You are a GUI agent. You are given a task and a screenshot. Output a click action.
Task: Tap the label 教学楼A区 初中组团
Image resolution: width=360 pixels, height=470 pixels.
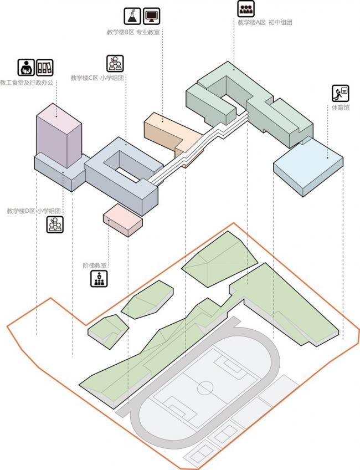click(265, 22)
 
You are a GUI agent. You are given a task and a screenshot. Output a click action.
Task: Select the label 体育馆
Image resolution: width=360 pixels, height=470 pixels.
click(341, 107)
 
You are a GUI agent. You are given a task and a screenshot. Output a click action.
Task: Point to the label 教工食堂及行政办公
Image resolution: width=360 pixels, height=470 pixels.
click(27, 82)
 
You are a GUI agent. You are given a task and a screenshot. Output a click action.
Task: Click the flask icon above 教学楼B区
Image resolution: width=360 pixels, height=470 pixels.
click(132, 16)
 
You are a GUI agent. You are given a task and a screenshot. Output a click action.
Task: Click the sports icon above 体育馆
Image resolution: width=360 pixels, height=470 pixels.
click(340, 92)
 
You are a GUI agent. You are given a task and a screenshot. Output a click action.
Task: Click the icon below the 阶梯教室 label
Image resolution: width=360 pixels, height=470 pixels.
click(99, 279)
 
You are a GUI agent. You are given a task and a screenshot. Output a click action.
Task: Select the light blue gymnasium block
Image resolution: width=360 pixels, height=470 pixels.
click(307, 166)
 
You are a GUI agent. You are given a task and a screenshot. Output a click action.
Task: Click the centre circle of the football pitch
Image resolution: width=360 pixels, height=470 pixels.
click(205, 386)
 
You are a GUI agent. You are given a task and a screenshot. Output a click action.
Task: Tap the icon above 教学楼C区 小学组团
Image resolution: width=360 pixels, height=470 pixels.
click(115, 63)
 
